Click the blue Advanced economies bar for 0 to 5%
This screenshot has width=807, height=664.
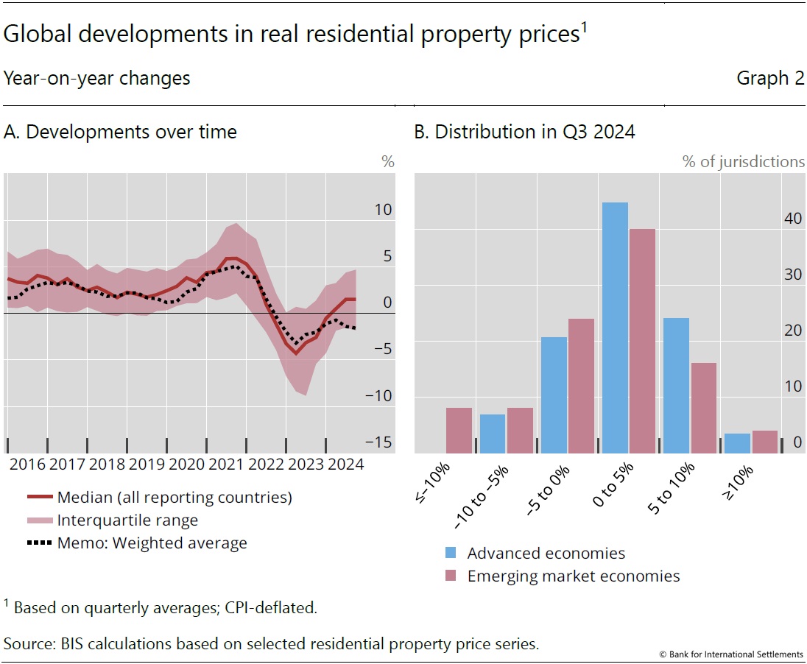pyautogui.click(x=615, y=328)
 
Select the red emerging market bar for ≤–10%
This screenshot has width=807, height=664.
pyautogui.click(x=459, y=430)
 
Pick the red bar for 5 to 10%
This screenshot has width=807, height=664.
pyautogui.click(x=703, y=408)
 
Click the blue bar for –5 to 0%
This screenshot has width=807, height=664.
pyautogui.click(x=554, y=395)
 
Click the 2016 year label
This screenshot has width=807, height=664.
pyautogui.click(x=27, y=465)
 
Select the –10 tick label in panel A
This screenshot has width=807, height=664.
pyautogui.click(x=378, y=395)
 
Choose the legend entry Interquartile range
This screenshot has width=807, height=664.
pyautogui.click(x=127, y=520)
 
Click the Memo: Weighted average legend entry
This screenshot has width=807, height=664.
pyautogui.click(x=152, y=543)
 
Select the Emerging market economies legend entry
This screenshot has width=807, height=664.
pyautogui.click(x=574, y=576)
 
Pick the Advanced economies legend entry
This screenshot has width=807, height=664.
pyautogui.click(x=546, y=554)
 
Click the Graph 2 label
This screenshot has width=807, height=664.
pyautogui.click(x=770, y=78)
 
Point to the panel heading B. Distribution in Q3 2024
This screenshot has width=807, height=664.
pyautogui.click(x=524, y=133)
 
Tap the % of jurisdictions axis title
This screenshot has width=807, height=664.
pyautogui.click(x=743, y=162)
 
